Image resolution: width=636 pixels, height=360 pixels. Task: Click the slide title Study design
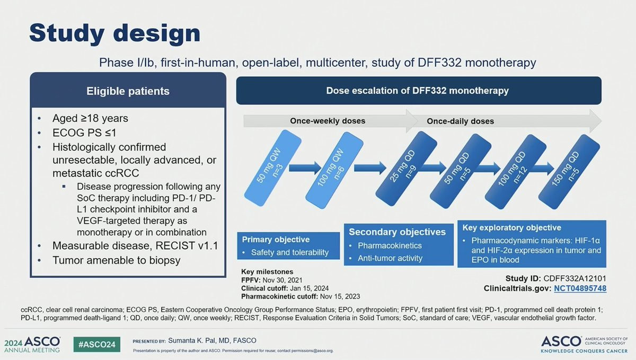point(114,33)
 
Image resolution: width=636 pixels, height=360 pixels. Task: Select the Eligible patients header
point(128,91)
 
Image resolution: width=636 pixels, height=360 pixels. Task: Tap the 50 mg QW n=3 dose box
point(273,168)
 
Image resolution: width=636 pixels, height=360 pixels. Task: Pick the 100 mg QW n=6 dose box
point(334,170)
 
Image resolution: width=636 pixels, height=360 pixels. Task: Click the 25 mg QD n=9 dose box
point(407,169)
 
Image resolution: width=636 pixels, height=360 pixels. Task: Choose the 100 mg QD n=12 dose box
point(516,172)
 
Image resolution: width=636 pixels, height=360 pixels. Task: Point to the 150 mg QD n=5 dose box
point(569,172)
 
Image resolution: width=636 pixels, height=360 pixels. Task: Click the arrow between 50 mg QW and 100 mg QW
point(305,168)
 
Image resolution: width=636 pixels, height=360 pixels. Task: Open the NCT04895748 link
point(580,288)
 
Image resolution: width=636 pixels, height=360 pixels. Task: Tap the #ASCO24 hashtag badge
point(97,345)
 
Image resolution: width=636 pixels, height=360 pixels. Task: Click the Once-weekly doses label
point(328,121)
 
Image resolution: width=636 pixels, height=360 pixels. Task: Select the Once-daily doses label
point(460,121)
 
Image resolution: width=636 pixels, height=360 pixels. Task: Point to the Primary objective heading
point(276,240)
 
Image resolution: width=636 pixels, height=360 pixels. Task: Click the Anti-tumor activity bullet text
point(390,258)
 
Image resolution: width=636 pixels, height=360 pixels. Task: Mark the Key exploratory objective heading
point(511,227)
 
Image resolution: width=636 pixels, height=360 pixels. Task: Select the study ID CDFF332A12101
point(575,278)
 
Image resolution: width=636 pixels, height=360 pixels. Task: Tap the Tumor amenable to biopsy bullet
point(117,260)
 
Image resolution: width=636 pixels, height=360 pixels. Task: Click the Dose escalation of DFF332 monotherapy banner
point(419,91)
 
